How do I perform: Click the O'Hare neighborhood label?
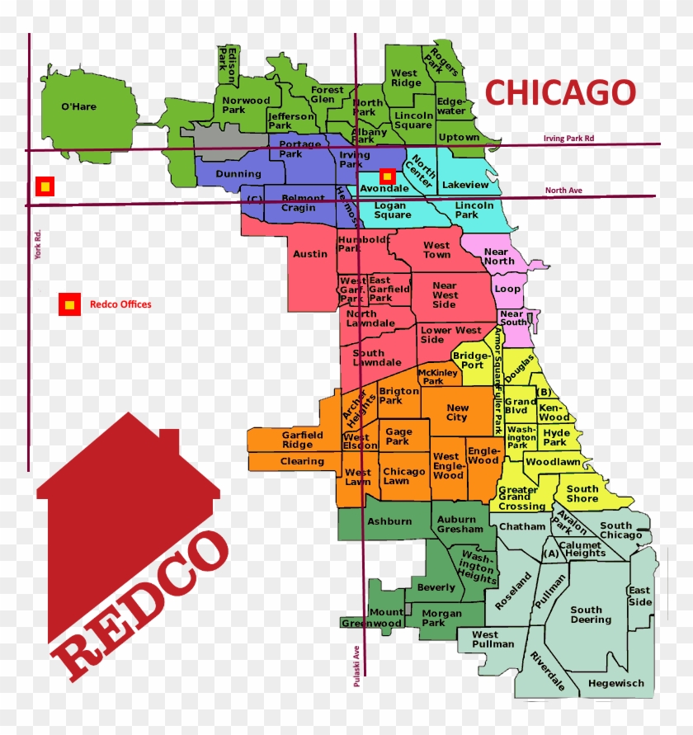79,106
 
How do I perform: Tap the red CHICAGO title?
560,92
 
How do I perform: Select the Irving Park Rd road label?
568,139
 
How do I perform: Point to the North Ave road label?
563,191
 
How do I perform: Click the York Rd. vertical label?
38,245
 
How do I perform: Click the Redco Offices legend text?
120,304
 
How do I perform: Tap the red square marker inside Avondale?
386,176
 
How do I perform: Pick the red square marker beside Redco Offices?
69,304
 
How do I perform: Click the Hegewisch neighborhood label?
615,683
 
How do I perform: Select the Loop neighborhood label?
507,290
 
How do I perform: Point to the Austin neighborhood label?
310,254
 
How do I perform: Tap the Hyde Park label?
556,437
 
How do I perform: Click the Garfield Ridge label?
297,440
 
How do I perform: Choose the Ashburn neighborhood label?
389,521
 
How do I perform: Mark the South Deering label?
591,615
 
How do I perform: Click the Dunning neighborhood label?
238,174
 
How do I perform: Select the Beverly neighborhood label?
436,587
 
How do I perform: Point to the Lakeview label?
465,186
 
